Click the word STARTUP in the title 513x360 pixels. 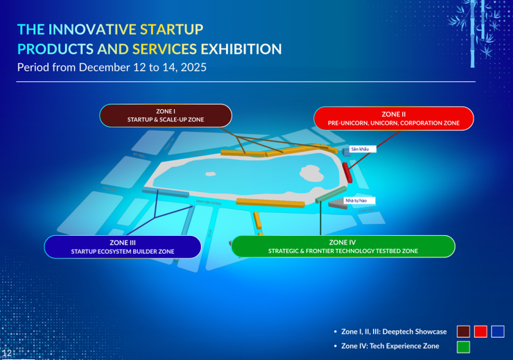[x=171, y=30]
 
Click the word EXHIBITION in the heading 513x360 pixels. [x=241, y=49]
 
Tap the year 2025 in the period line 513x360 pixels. [x=192, y=68]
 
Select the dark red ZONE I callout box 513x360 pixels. [x=165, y=116]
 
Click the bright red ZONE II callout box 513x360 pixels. [x=393, y=118]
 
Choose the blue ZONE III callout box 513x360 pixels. [x=123, y=247]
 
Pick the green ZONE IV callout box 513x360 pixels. [x=342, y=247]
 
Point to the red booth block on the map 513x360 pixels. [x=347, y=171]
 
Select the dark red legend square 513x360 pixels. [x=464, y=332]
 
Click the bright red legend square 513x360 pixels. [x=480, y=332]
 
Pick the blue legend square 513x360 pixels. [x=498, y=332]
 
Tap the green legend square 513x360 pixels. [x=464, y=346]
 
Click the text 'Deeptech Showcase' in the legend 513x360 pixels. [x=412, y=332]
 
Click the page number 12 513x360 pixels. [x=7, y=354]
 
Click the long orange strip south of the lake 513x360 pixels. [x=270, y=203]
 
